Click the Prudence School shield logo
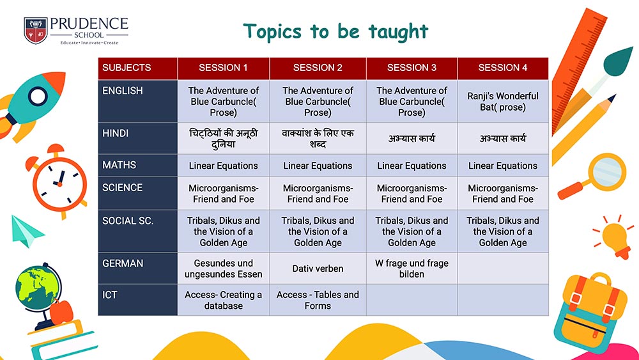(36, 30)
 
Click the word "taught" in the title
(398, 32)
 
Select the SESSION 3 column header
(412, 68)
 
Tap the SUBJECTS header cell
(138, 68)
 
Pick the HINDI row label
(138, 138)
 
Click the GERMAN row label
(138, 269)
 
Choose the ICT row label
(138, 300)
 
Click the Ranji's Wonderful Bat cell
(503, 102)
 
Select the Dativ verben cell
(318, 269)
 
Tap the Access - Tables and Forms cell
(318, 300)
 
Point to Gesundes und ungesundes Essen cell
(223, 269)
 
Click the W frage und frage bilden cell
(412, 269)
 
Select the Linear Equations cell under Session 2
(318, 166)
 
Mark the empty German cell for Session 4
(503, 269)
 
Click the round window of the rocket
(38, 97)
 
